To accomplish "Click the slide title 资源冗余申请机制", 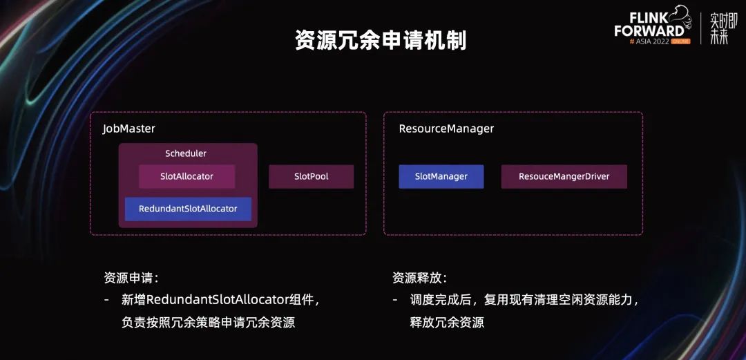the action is (x=381, y=41).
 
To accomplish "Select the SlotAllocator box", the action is (x=186, y=176).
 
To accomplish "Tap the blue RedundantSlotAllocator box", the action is (x=188, y=209).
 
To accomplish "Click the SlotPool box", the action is (x=311, y=176).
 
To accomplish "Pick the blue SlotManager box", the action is (x=441, y=176).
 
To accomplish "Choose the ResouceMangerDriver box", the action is (x=564, y=176).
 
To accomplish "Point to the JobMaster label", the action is (x=129, y=129).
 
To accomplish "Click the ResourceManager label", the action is (x=446, y=129).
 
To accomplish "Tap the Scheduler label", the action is (x=186, y=153).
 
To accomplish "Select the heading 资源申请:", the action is (x=131, y=278).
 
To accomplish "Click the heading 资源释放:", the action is (x=419, y=278).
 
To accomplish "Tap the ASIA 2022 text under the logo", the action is (x=650, y=41).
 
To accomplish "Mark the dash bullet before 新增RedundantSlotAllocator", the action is (x=106, y=300).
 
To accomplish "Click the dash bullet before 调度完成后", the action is (x=395, y=300).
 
